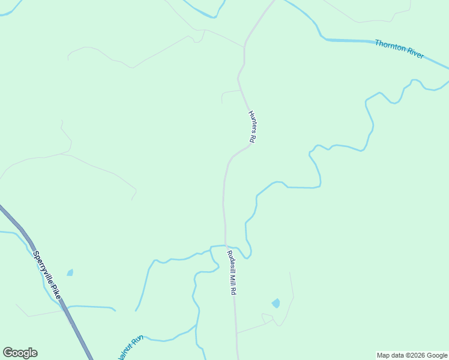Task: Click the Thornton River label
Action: coord(399,49)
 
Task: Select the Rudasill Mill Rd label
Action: coord(231,272)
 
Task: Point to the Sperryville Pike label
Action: coord(47,276)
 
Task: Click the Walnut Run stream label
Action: coord(130,346)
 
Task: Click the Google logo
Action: coord(20,353)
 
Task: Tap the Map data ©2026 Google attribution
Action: coord(412,355)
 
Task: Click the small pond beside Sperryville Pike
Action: coord(70,272)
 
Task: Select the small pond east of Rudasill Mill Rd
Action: coord(276,303)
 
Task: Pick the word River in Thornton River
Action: coord(415,54)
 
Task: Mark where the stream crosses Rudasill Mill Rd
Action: coord(226,245)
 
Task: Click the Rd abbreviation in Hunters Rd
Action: coord(253,138)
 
